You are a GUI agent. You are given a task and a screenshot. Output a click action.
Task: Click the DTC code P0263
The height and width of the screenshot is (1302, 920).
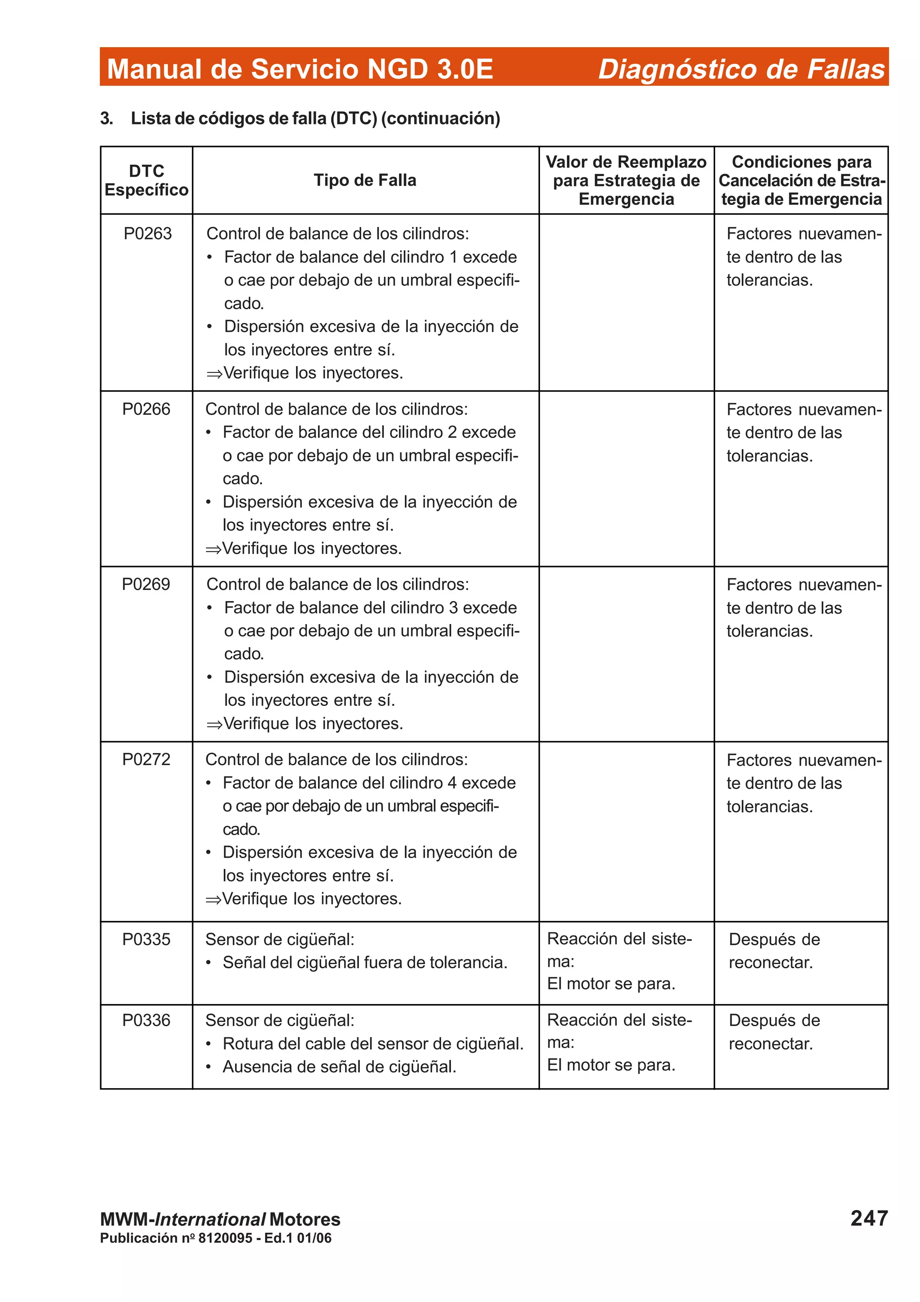pyautogui.click(x=147, y=234)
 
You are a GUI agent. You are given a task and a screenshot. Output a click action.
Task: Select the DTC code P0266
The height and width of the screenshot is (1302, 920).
pyautogui.click(x=146, y=409)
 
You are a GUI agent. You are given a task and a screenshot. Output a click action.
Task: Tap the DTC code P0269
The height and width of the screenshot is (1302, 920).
pyautogui.click(x=146, y=584)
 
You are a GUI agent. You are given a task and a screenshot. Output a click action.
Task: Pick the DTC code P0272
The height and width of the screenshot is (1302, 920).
pyautogui.click(x=146, y=759)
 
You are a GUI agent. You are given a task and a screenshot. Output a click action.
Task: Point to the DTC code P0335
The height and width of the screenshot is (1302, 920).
pyautogui.click(x=146, y=939)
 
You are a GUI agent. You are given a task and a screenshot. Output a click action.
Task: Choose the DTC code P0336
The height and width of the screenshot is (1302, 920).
pyautogui.click(x=146, y=1020)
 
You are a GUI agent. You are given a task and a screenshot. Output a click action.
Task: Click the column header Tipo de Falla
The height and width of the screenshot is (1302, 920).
pyautogui.click(x=365, y=180)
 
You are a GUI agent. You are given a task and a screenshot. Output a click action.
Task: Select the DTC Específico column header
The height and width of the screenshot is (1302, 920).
pyautogui.click(x=146, y=180)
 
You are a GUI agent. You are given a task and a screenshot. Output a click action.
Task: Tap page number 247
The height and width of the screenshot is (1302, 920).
pyautogui.click(x=869, y=1218)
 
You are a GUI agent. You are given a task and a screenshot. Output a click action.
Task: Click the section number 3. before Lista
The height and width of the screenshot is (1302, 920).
pyautogui.click(x=106, y=119)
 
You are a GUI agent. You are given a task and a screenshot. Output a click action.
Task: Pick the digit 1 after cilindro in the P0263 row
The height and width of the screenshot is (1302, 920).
pyautogui.click(x=453, y=257)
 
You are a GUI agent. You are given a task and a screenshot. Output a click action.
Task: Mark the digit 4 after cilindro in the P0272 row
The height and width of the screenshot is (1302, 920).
pyautogui.click(x=452, y=783)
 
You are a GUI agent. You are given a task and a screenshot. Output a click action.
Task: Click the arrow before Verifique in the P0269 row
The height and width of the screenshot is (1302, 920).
pyautogui.click(x=214, y=724)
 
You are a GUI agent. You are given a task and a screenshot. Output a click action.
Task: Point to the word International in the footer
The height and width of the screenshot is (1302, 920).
pyautogui.click(x=210, y=1219)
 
